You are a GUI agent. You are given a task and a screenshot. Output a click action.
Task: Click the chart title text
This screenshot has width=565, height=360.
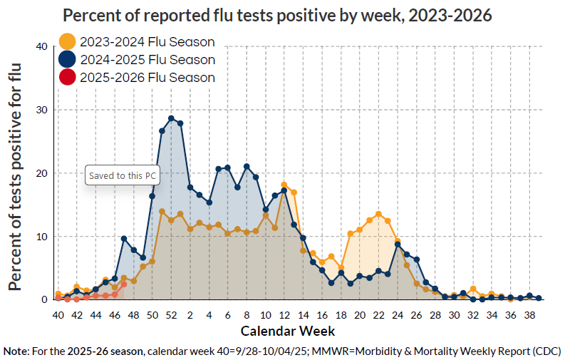(277, 15)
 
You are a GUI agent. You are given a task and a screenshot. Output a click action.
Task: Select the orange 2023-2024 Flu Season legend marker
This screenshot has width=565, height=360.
(67, 42)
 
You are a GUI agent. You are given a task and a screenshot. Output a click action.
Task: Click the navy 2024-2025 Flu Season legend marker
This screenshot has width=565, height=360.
(67, 60)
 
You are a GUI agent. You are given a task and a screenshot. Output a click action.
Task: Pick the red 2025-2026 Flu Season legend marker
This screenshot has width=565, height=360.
(67, 77)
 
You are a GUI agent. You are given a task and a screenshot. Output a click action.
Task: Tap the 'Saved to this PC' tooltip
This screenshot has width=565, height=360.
(122, 175)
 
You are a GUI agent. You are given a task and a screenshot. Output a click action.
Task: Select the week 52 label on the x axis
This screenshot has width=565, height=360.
(171, 314)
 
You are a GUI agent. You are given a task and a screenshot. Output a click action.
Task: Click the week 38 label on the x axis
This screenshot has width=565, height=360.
(529, 314)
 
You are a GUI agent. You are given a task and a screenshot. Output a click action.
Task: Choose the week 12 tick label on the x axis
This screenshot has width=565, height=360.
(284, 314)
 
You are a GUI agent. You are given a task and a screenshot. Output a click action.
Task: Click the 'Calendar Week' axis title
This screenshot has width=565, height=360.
(287, 331)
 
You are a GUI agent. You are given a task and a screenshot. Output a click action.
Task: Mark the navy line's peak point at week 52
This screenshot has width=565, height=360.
(171, 118)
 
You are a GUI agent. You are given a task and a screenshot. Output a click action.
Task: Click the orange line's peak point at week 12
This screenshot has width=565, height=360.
(284, 185)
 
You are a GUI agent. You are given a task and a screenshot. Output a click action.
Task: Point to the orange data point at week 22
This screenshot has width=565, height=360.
(378, 214)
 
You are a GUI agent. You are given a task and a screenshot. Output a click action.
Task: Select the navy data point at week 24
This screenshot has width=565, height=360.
(398, 245)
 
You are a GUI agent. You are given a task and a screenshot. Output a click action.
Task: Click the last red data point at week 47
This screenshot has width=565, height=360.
(124, 284)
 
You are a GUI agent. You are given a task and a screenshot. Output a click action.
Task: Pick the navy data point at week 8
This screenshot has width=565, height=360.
(247, 167)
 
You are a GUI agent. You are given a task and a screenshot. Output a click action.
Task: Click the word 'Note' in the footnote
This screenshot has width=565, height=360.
(16, 351)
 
